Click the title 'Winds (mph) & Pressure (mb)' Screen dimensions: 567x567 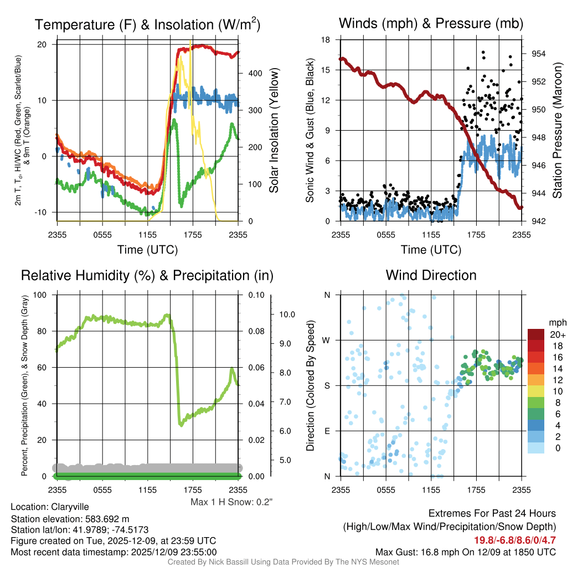[x=431, y=24]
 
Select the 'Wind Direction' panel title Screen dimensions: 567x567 [x=431, y=275]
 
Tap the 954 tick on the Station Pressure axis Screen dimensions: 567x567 [x=536, y=54]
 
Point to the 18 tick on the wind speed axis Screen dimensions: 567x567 [x=326, y=40]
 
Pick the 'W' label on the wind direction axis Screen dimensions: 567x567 [x=327, y=340]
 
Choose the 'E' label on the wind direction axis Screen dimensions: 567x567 [x=328, y=431]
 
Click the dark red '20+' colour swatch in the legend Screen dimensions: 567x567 [x=536, y=335]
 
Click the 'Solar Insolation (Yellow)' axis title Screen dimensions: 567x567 [x=274, y=131]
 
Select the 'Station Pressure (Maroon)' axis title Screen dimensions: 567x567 [x=557, y=131]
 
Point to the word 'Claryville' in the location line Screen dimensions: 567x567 [x=70, y=507]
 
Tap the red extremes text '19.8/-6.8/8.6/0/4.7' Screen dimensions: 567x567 [x=514, y=539]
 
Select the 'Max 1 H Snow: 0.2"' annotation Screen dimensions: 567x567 [x=231, y=502]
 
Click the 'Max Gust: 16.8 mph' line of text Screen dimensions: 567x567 [x=466, y=551]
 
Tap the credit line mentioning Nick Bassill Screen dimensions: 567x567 [x=283, y=562]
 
